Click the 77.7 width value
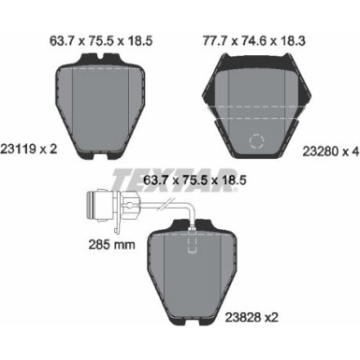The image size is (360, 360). click(x=219, y=39)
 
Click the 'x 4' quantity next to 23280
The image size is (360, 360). click(x=349, y=147)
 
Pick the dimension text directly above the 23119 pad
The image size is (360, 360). click(x=100, y=39)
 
